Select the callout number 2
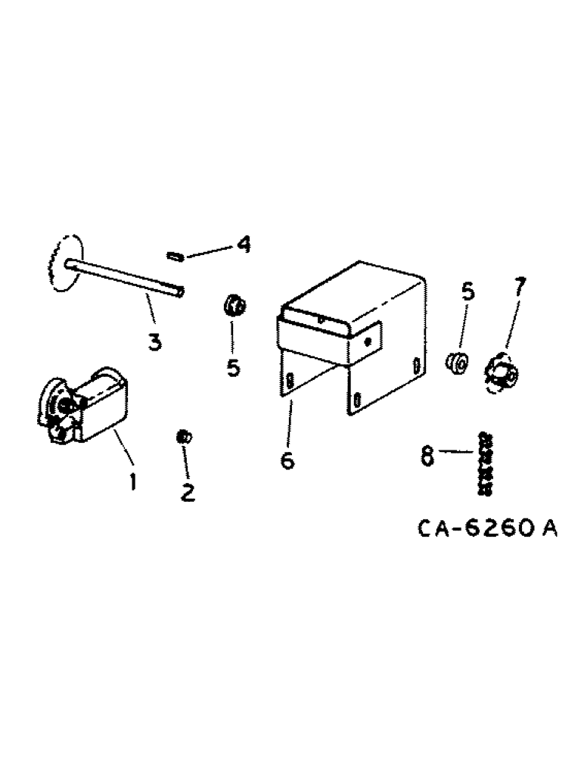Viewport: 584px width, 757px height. tap(187, 493)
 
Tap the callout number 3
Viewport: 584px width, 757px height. tap(154, 342)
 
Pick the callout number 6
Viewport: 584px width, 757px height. tap(287, 459)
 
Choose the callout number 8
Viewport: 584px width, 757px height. tap(427, 456)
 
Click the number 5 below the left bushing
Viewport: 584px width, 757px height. tap(233, 366)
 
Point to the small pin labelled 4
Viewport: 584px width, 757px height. tap(176, 256)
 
